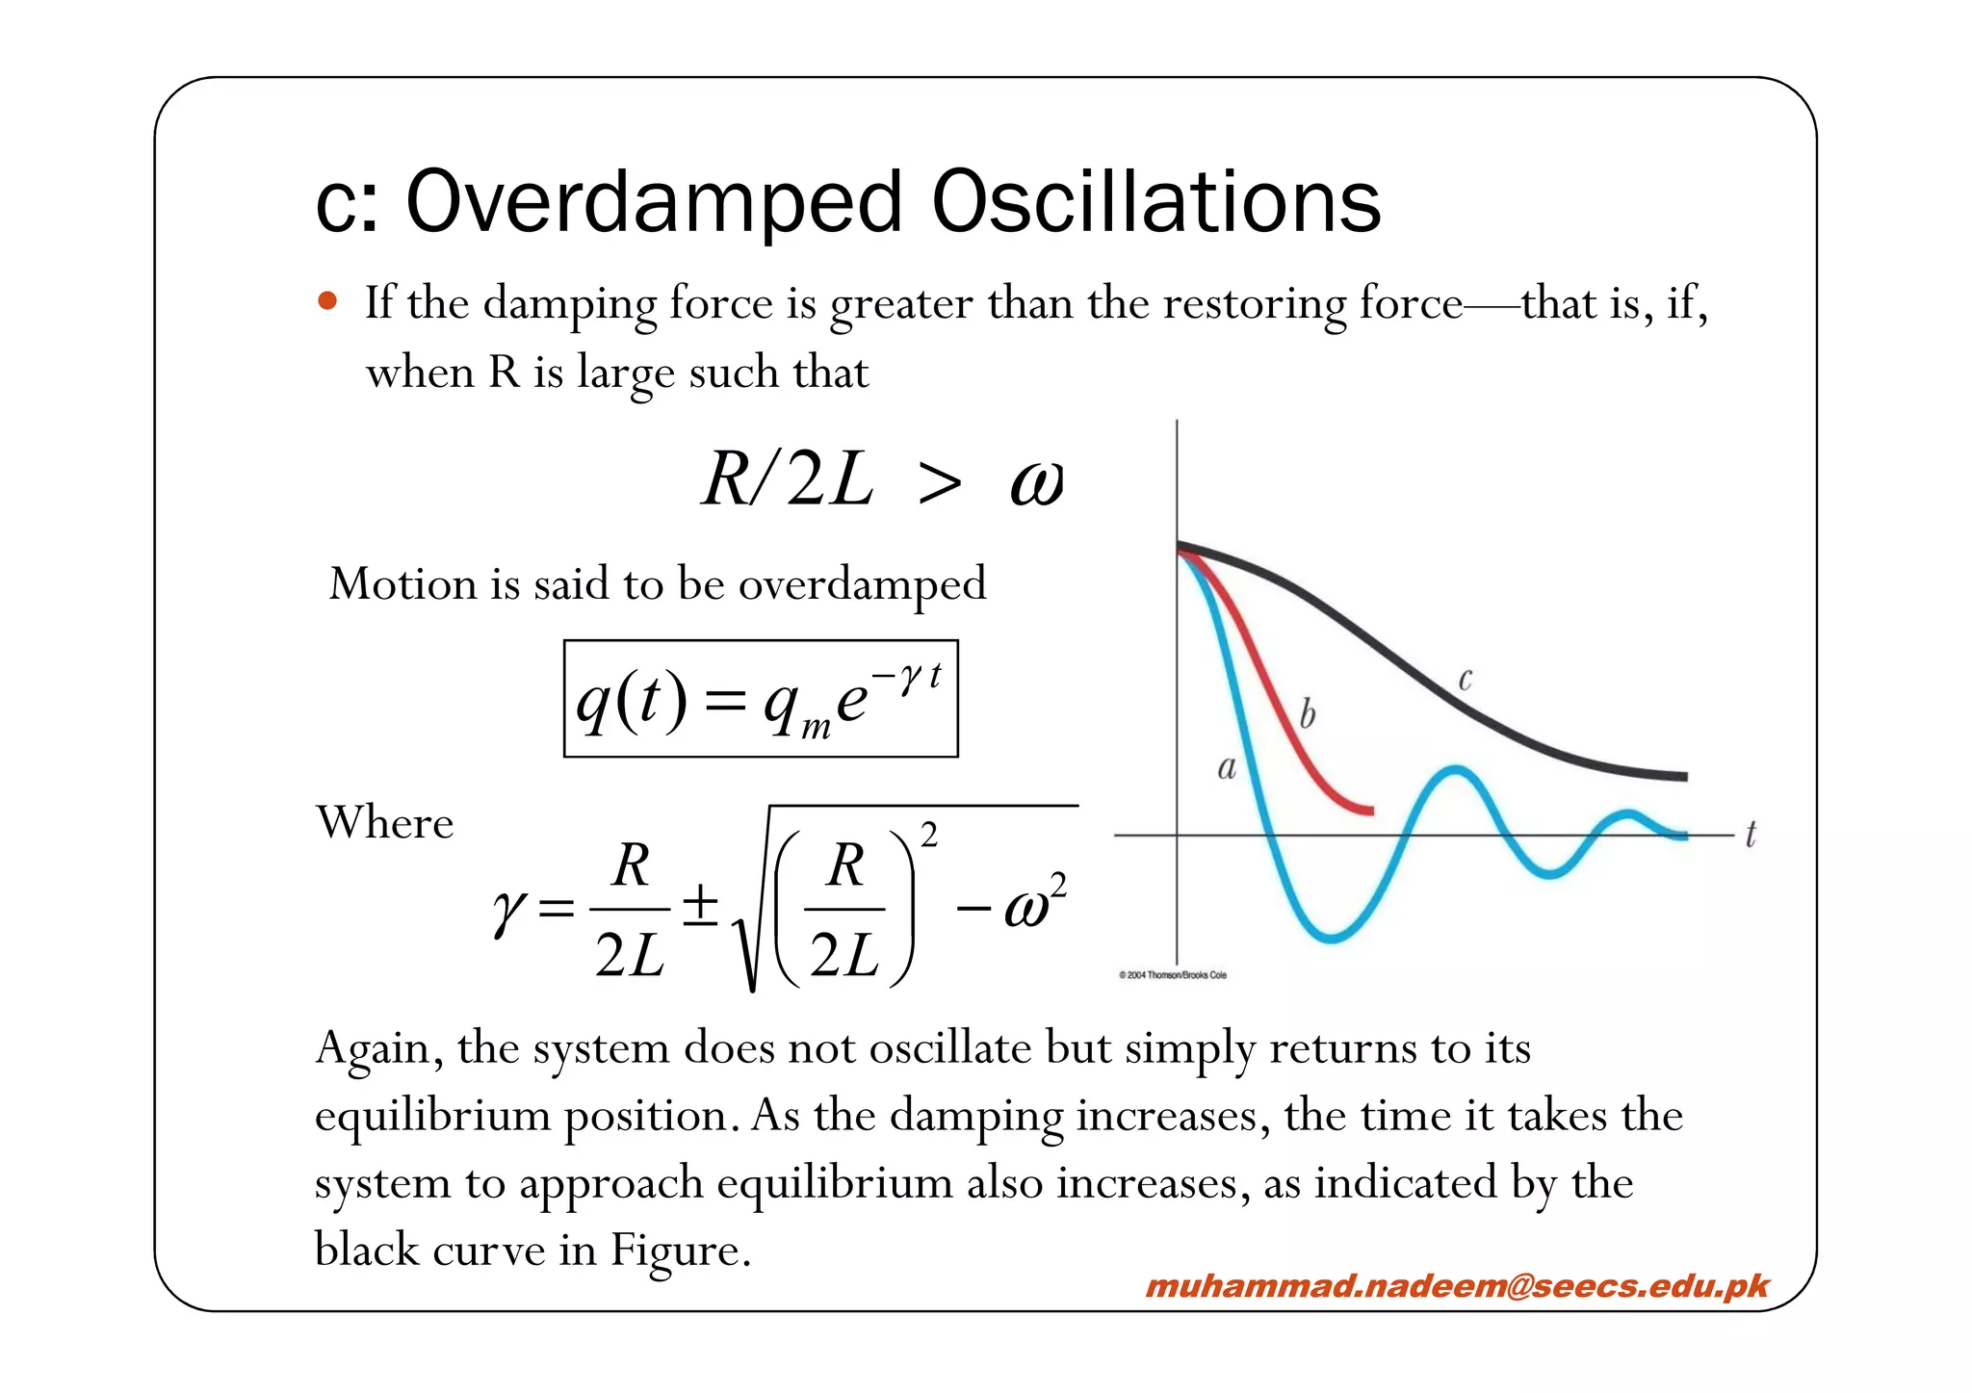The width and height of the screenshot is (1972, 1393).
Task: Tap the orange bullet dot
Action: pos(327,301)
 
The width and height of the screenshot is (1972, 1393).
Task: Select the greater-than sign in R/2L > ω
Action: pos(940,482)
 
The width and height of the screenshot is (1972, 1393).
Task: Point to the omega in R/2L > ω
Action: pos(1037,482)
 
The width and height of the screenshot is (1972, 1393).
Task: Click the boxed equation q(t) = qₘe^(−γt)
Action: pos(761,699)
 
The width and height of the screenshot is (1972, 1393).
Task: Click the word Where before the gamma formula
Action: pos(385,823)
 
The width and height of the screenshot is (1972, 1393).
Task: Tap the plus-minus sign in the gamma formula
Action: pos(700,906)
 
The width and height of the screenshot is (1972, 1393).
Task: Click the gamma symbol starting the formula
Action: pos(507,910)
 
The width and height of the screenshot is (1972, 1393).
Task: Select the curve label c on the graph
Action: pos(1465,680)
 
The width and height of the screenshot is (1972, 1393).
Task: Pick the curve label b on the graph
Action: pos(1307,715)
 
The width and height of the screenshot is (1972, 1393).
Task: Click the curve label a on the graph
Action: pos(1227,768)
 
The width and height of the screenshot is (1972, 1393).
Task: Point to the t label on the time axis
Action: pos(1751,834)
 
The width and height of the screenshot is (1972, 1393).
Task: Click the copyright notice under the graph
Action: pos(1173,975)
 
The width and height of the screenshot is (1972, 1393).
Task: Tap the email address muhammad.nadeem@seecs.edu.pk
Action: pos(1457,1286)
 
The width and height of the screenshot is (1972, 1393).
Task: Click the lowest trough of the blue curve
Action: pos(1332,937)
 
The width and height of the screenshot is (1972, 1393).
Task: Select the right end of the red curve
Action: pos(1370,811)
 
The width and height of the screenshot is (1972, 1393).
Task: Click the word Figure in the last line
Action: pos(680,1251)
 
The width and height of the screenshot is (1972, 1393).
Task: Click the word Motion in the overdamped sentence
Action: pos(402,584)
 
